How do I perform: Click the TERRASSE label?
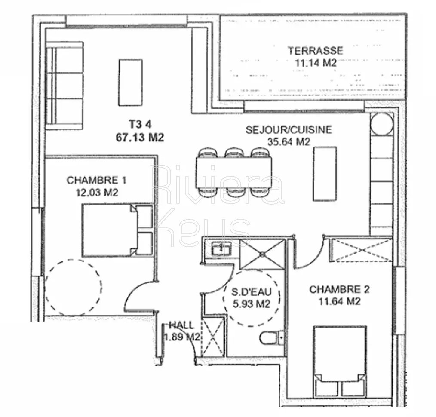coord(315,51)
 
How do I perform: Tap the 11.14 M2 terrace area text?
coord(316,63)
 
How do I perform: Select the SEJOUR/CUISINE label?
coord(289,129)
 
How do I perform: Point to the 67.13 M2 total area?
coord(140,137)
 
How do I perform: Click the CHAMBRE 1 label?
coord(96,180)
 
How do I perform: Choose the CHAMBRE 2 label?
coord(339,289)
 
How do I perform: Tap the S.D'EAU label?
coord(252,292)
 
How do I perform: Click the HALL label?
coord(181,325)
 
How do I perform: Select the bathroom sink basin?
coord(221,249)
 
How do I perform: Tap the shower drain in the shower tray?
coord(262,254)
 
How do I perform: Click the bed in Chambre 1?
coord(118,230)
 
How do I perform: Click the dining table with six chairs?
coord(234,172)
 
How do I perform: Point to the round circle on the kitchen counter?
coord(382,124)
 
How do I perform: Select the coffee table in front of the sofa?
coord(130,83)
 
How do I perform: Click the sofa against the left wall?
coord(64,86)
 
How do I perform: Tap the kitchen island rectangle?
coord(325,174)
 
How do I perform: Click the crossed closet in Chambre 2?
coord(361,250)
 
